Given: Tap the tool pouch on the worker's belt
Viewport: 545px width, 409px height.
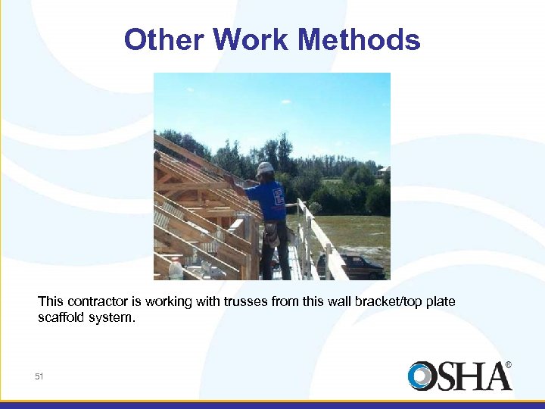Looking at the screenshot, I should (270, 233).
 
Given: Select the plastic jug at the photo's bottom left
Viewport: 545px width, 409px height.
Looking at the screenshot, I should (176, 269).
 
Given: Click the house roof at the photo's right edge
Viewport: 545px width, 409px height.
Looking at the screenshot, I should (384, 171).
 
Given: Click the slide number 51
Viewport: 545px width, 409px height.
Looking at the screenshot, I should (40, 376).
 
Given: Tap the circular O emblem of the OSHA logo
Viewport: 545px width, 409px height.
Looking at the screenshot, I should (422, 376).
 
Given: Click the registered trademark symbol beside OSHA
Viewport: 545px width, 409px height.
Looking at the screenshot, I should (508, 364).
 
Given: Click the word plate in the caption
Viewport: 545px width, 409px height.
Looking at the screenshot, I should (441, 301).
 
